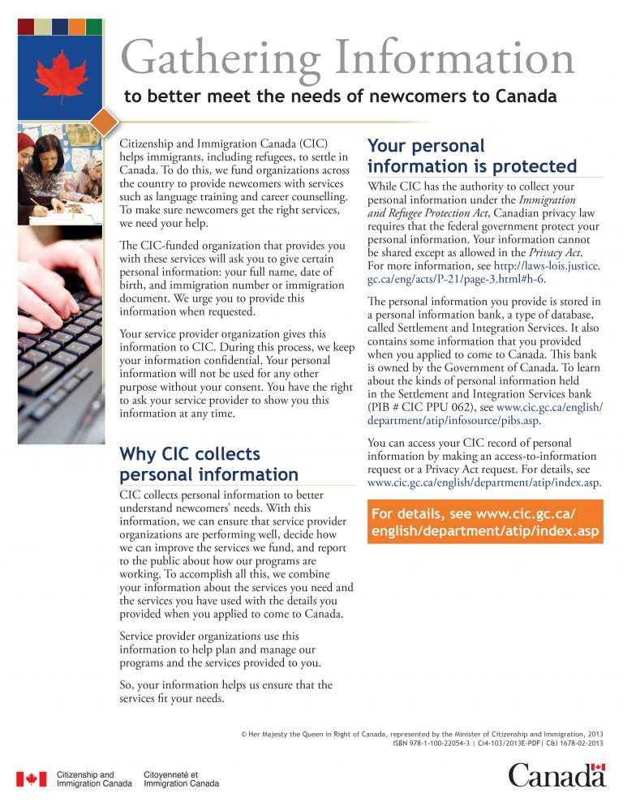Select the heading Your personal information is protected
click(472, 156)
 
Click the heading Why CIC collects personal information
click(208, 464)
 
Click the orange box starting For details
click(485, 523)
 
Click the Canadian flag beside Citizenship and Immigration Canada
click(32, 778)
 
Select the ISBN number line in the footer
click(496, 742)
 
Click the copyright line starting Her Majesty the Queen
click(422, 732)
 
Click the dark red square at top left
click(26, 26)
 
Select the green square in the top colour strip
click(94, 26)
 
